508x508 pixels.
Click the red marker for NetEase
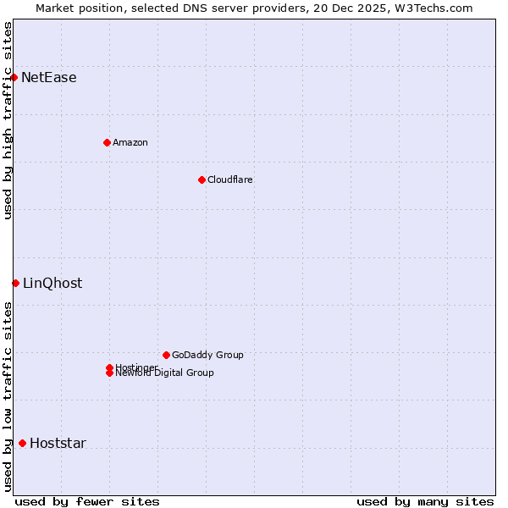[x=14, y=78]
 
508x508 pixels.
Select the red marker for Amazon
[x=107, y=142]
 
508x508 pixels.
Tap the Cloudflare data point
[x=202, y=179]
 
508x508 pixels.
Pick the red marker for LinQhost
[x=15, y=283]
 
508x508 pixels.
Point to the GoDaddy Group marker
[x=166, y=355]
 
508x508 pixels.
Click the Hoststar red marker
[x=22, y=443]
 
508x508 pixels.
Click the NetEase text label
[x=49, y=78]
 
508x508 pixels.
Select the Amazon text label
[x=130, y=142]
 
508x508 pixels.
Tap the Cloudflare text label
[x=230, y=179]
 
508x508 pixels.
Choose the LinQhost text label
[x=52, y=283]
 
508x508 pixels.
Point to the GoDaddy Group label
[x=207, y=355]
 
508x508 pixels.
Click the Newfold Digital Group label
[x=164, y=373]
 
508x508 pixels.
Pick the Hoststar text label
[x=58, y=443]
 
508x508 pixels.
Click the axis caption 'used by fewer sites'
[x=87, y=501]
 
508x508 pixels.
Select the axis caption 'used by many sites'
[x=425, y=501]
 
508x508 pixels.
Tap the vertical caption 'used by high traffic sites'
[x=8, y=120]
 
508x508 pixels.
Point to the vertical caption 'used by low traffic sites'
[x=8, y=396]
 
